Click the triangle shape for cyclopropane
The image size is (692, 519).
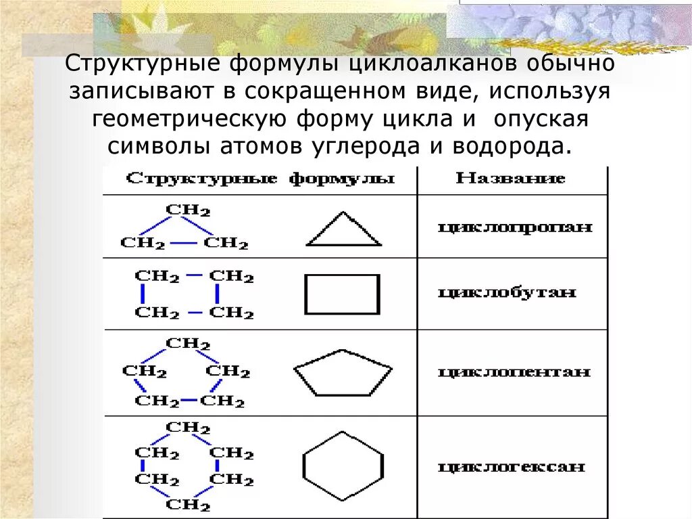point(344,231)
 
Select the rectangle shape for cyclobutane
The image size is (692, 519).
point(342,294)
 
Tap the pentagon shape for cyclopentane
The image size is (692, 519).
point(343,373)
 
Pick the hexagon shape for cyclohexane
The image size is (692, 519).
point(343,466)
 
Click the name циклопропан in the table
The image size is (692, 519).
point(515,227)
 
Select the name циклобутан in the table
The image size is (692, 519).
point(507,292)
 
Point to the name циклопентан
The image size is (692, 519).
point(514,372)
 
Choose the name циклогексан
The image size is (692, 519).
point(512,466)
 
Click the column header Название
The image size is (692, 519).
point(511,179)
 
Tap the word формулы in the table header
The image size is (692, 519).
point(342,179)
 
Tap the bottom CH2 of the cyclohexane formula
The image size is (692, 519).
point(189,505)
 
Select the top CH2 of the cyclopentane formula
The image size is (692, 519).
point(189,343)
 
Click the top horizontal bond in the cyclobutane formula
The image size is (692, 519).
point(194,276)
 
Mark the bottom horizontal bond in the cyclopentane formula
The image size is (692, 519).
point(189,401)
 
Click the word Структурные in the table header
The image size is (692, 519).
point(202,179)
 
